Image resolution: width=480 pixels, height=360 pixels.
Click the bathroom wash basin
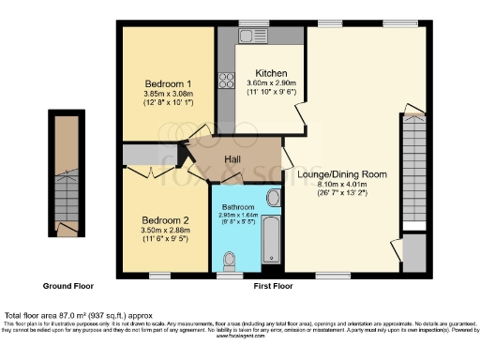point(273,198)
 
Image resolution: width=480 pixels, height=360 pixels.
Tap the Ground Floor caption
point(67,285)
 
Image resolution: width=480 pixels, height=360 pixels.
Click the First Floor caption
point(273,285)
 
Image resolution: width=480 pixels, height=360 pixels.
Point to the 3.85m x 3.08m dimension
point(155,94)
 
